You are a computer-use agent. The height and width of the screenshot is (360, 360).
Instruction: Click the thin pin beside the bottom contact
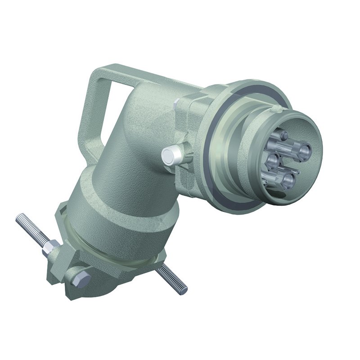298,172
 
